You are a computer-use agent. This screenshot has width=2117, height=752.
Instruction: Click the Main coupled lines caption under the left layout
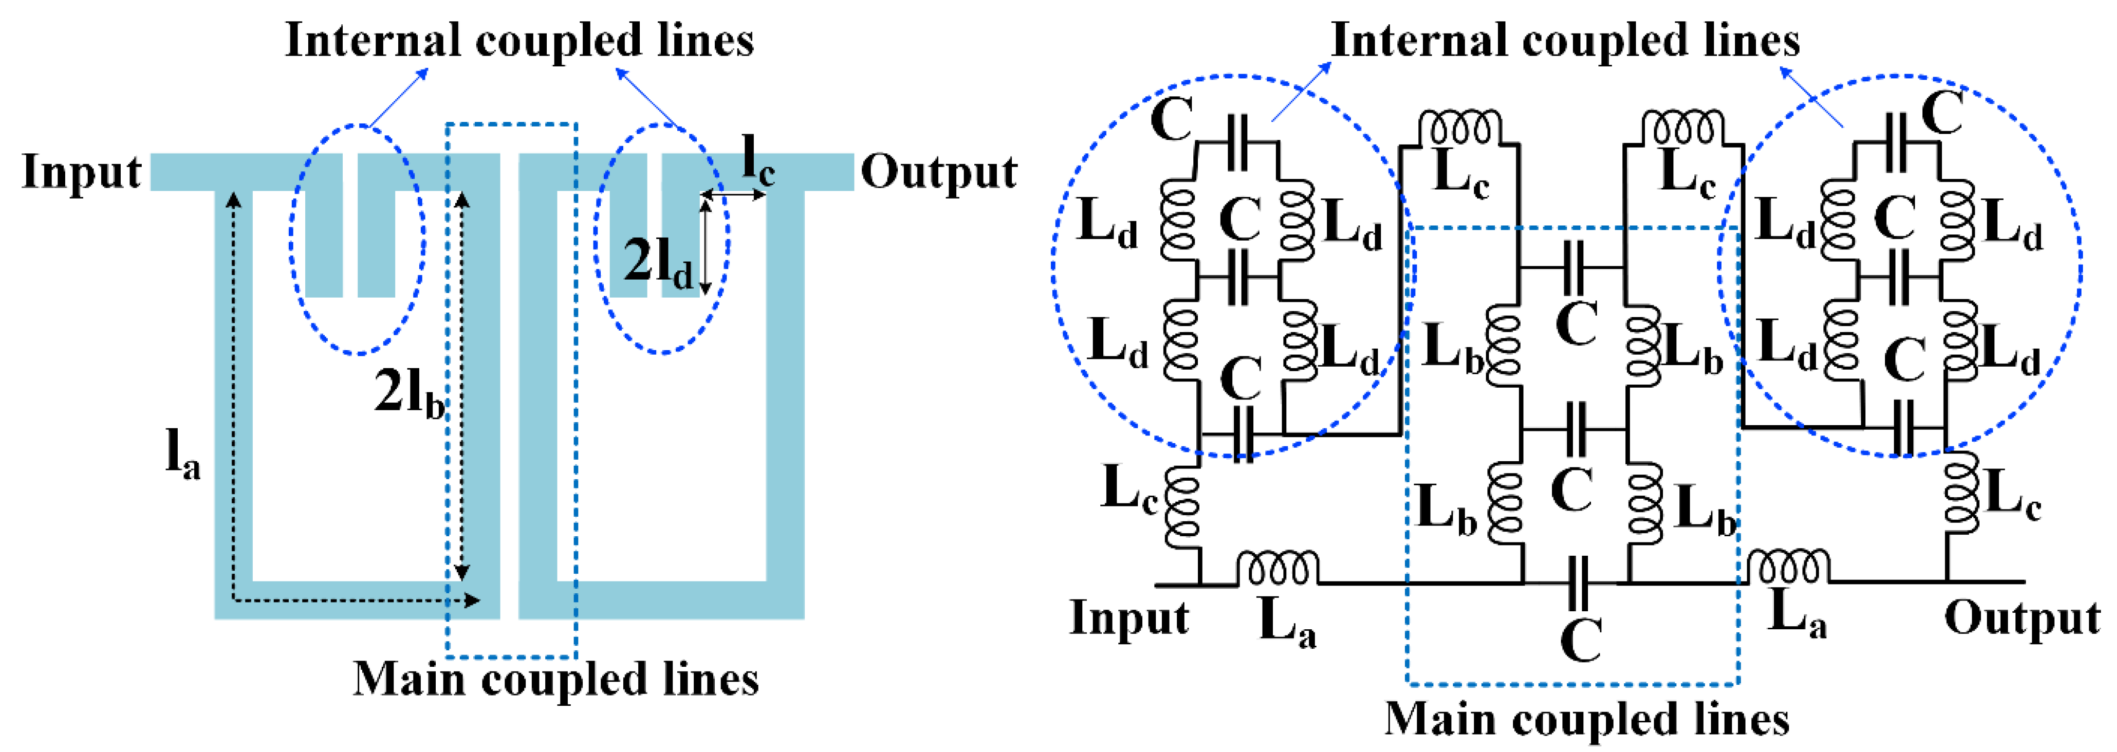556,679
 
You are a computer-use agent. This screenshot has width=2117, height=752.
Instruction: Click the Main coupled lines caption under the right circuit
1586,719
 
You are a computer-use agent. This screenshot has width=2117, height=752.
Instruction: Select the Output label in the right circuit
2022,618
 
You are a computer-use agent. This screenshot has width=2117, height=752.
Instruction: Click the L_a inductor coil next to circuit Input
1278,569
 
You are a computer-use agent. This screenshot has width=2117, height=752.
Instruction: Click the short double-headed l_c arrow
733,195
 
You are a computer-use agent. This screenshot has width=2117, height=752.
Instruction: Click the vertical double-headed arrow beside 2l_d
705,246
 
